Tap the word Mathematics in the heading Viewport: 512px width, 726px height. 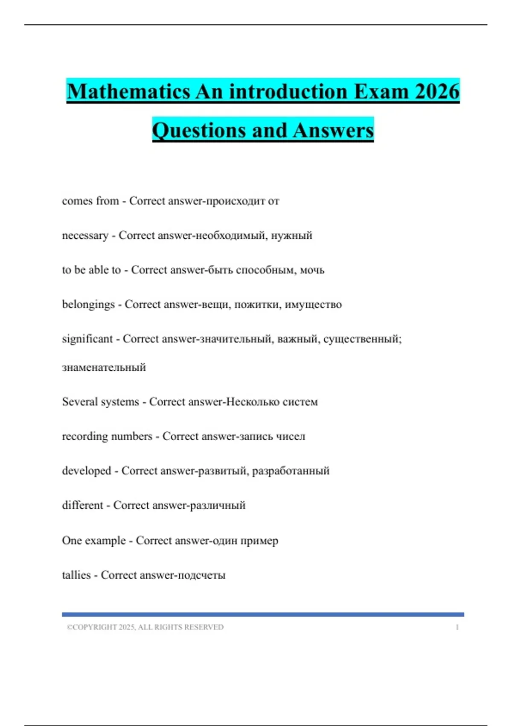(x=128, y=92)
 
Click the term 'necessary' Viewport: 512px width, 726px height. (x=85, y=235)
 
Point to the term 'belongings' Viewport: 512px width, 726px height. (x=88, y=304)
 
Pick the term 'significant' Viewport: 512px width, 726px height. (x=87, y=339)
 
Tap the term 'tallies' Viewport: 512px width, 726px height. (x=76, y=575)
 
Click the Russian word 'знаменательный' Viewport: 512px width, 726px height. (x=104, y=367)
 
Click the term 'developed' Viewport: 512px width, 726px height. (x=87, y=471)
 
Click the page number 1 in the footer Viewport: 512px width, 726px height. (x=457, y=627)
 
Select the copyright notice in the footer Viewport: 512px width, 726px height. (x=145, y=627)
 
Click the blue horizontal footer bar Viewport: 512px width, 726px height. (x=263, y=615)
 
